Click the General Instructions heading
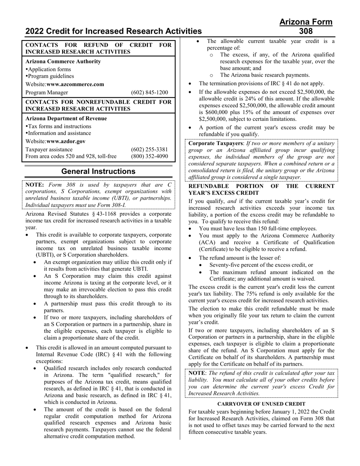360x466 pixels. pyautogui.click(x=98, y=171)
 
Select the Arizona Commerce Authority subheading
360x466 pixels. pyautogui.click(x=63, y=61)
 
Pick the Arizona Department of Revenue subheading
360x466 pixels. pyautogui.click(x=66, y=118)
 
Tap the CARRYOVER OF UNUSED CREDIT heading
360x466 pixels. pyautogui.click(x=261, y=404)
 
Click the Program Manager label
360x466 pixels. pyautogui.click(x=47, y=92)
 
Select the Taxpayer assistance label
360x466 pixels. pyautogui.click(x=49, y=149)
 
